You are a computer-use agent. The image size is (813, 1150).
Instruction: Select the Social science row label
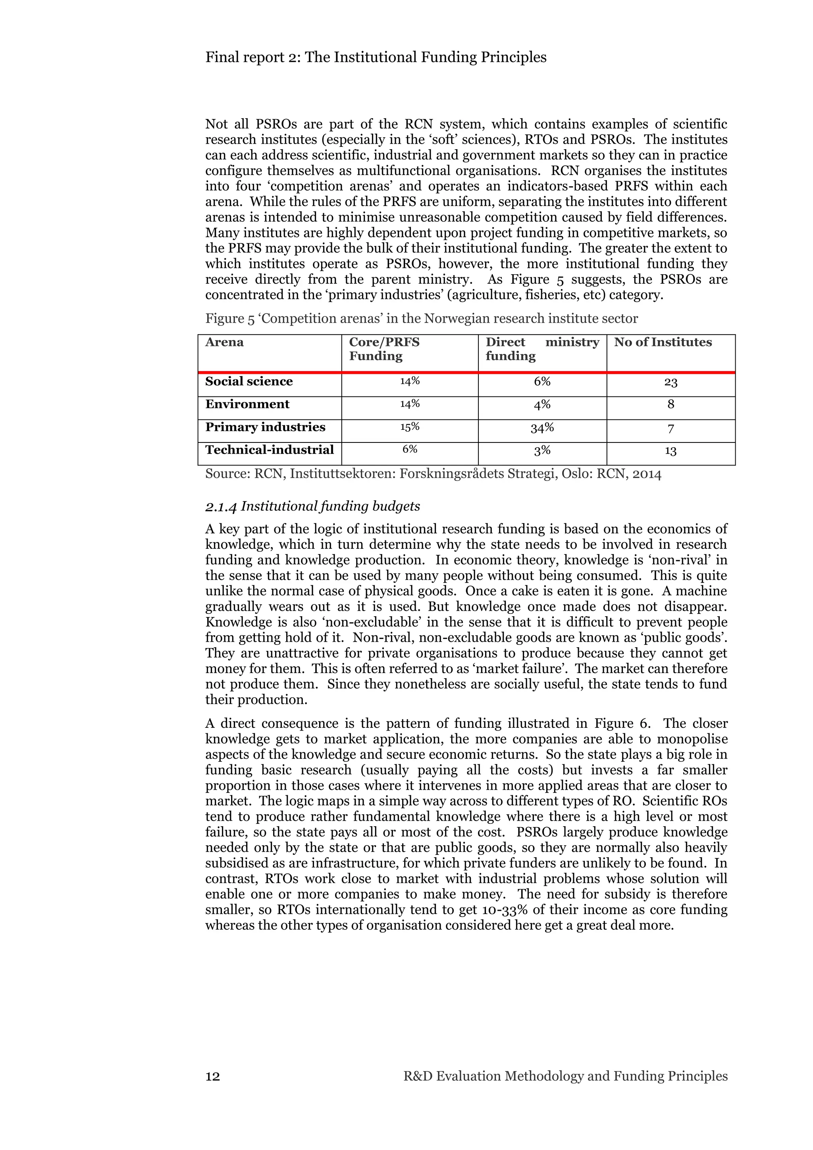(x=249, y=381)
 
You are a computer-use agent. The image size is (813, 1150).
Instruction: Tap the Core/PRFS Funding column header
(x=384, y=349)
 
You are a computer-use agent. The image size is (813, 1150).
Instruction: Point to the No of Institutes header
(x=663, y=342)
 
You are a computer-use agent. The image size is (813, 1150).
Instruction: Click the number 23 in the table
(x=671, y=383)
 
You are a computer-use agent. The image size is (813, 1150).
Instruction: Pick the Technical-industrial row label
(x=269, y=450)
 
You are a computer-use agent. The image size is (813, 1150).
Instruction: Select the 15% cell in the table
(x=410, y=427)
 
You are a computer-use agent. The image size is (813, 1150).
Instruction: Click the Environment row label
(x=247, y=404)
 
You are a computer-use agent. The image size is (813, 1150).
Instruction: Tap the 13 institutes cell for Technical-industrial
(x=671, y=451)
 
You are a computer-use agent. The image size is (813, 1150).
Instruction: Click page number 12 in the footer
(x=212, y=1076)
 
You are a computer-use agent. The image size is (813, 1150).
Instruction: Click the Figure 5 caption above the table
(x=421, y=319)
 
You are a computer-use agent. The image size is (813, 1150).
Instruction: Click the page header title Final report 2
(x=376, y=57)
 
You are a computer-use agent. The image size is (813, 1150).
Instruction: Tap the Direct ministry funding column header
(x=542, y=349)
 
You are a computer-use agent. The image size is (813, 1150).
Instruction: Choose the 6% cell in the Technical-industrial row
(x=410, y=449)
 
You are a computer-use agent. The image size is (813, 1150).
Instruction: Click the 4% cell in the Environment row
(x=542, y=404)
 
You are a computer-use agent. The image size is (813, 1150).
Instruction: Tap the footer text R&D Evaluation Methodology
(x=565, y=1076)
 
